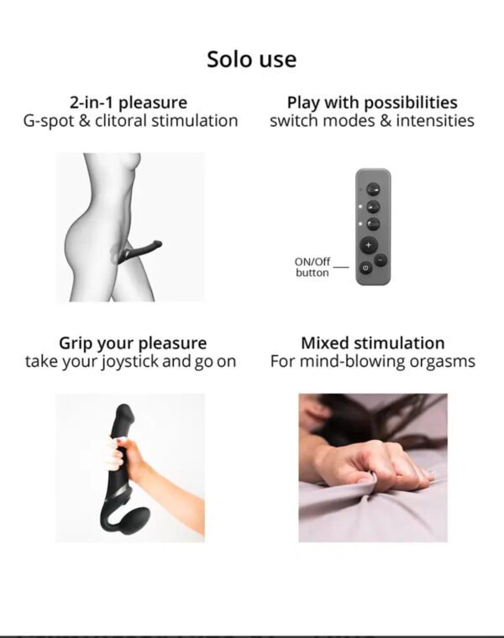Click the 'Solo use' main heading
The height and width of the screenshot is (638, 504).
(252, 60)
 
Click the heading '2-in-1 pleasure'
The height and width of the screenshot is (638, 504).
(129, 102)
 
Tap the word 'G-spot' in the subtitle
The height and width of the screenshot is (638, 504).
(49, 121)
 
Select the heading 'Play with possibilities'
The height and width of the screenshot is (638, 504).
(372, 102)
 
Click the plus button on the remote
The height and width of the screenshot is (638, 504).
(369, 245)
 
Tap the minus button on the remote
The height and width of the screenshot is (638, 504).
(381, 259)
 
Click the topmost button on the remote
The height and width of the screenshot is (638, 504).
(373, 190)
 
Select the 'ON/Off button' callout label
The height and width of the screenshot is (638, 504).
(312, 267)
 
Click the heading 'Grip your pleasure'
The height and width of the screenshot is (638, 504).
(133, 343)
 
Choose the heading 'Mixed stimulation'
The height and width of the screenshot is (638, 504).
(372, 343)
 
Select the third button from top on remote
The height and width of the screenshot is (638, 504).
(373, 224)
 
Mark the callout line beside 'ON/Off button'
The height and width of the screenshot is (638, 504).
(341, 267)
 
